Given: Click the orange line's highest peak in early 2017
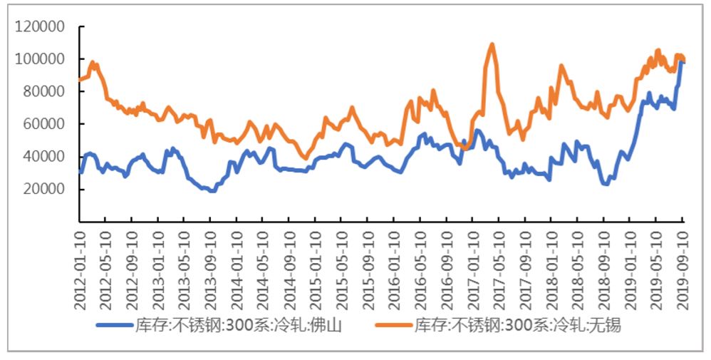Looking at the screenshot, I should [492, 45].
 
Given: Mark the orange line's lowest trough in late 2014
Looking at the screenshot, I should [305, 158].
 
